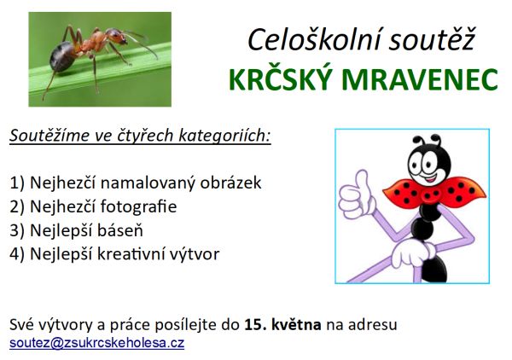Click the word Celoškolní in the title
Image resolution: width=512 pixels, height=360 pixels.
tap(314, 40)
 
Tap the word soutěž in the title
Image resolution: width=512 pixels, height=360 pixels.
tap(432, 40)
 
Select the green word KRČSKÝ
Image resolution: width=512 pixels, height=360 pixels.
tap(279, 78)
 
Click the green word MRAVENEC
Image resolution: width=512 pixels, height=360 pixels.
tap(420, 79)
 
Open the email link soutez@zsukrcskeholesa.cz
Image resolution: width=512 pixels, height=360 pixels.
tap(97, 343)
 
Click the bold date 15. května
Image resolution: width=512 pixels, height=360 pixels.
tap(282, 324)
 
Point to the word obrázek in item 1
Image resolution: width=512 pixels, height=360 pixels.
tap(230, 183)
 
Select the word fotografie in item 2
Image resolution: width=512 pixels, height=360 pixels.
tap(138, 206)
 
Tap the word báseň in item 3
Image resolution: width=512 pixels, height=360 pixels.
tap(120, 230)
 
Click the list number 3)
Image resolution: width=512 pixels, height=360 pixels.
tap(17, 230)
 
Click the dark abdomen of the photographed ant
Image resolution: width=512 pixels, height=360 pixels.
tap(61, 57)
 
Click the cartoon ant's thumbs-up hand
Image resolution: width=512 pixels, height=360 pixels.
tap(357, 195)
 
